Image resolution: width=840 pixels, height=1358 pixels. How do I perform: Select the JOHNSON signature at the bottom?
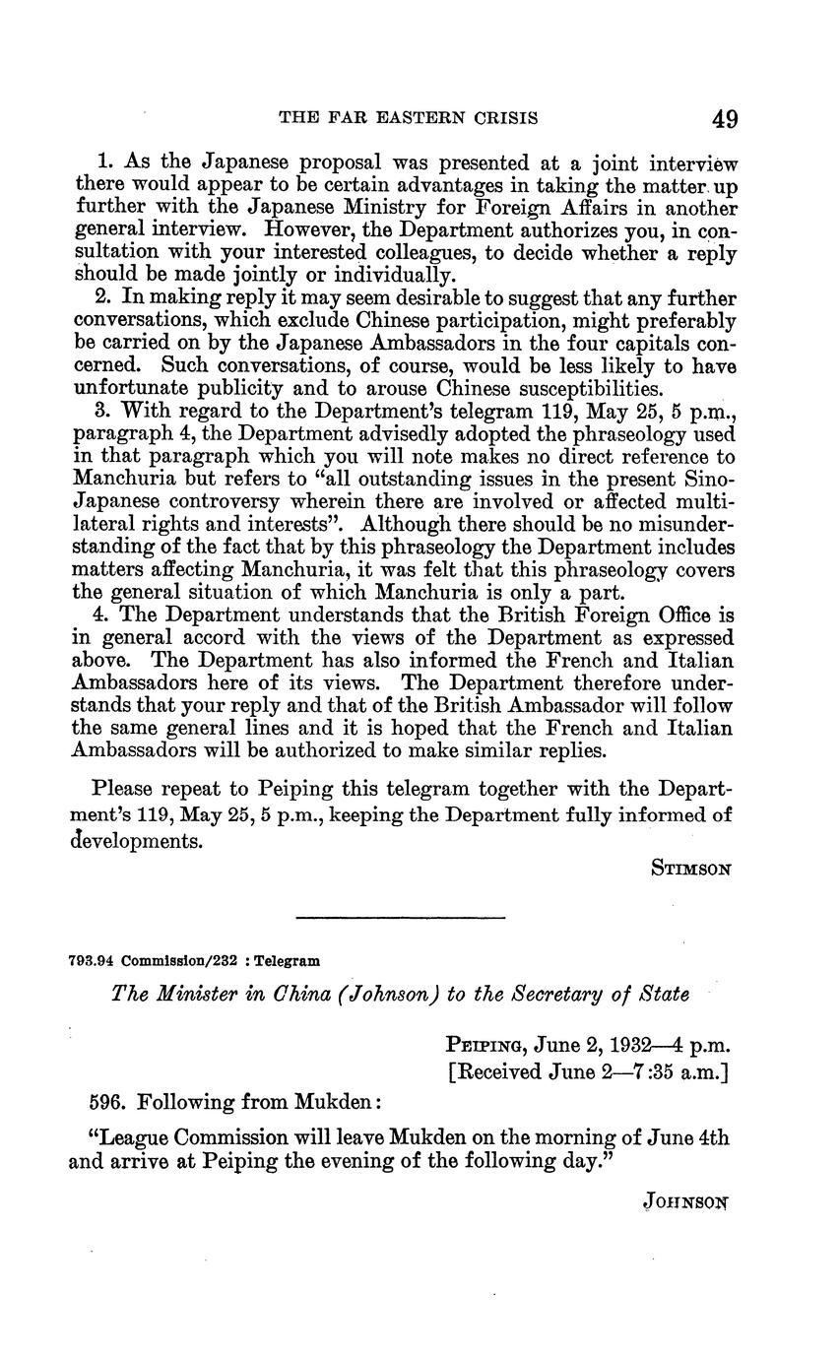(x=688, y=1201)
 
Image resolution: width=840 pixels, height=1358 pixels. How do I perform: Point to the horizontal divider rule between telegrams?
(x=400, y=919)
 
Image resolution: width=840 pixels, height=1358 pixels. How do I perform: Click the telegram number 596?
(x=104, y=1102)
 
